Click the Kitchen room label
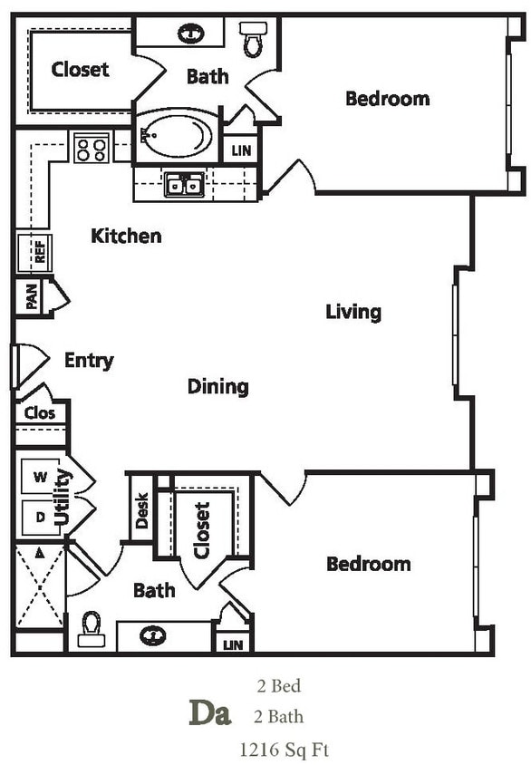click(126, 237)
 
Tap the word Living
click(353, 312)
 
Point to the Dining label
click(217, 387)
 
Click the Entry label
click(89, 361)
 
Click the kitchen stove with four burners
click(92, 148)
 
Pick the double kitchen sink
click(184, 185)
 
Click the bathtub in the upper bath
click(178, 136)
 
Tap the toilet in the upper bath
click(253, 38)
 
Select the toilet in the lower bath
click(92, 628)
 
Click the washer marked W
click(40, 476)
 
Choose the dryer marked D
click(40, 517)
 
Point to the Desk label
click(141, 515)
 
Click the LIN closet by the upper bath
click(240, 150)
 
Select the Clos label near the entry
click(40, 413)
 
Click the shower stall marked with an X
click(40, 586)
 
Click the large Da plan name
click(209, 713)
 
